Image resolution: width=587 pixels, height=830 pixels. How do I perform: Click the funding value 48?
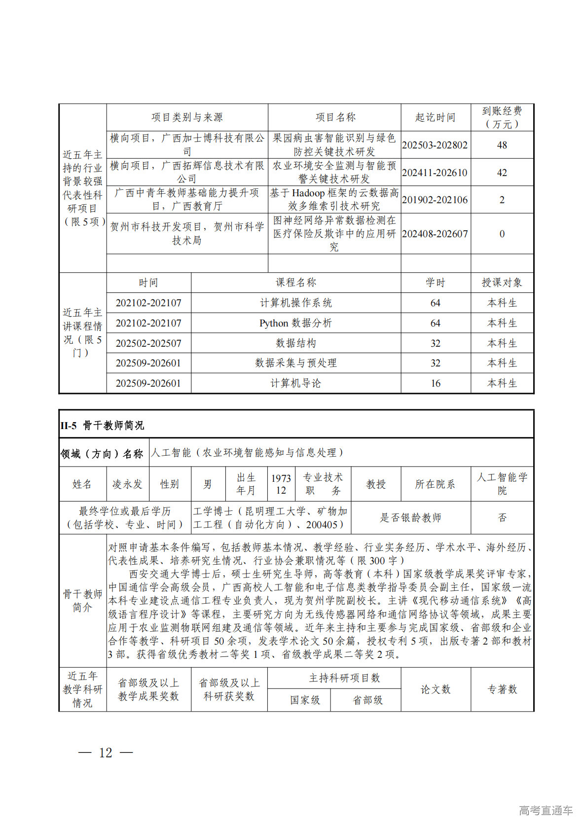[502, 145]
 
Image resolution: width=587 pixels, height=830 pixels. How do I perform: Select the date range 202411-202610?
[435, 173]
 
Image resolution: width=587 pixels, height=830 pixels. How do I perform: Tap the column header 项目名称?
[335, 117]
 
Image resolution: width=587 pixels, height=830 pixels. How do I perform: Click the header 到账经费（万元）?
[502, 117]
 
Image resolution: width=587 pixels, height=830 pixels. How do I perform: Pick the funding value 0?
[502, 234]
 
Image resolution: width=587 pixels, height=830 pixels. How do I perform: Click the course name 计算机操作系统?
[295, 303]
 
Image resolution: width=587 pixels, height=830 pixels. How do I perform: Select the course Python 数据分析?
[295, 323]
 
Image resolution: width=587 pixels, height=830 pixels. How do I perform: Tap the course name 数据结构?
[295, 343]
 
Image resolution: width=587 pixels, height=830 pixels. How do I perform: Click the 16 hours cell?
[435, 383]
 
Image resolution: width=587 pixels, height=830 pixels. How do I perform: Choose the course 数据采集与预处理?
[295, 363]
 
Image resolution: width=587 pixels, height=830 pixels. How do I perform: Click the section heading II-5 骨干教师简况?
[102, 425]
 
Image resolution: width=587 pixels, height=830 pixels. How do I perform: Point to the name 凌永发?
[127, 484]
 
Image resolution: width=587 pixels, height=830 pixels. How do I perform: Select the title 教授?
[375, 484]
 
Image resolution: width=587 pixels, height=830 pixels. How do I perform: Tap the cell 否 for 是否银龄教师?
[502, 517]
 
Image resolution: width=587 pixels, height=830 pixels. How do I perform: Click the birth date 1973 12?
[281, 484]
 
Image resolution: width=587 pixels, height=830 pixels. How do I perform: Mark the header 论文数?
[435, 689]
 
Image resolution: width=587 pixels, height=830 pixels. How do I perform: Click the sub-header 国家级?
[305, 700]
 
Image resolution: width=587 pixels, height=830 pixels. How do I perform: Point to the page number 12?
[106, 753]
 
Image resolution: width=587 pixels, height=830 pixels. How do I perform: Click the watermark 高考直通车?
[546, 810]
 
